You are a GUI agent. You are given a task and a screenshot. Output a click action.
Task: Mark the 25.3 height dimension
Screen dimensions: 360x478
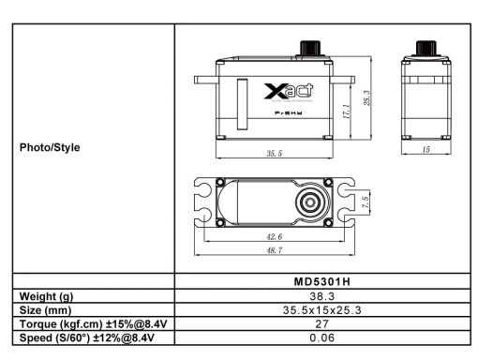368,97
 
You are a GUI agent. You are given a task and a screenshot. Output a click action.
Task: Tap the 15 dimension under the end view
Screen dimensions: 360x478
426,149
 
